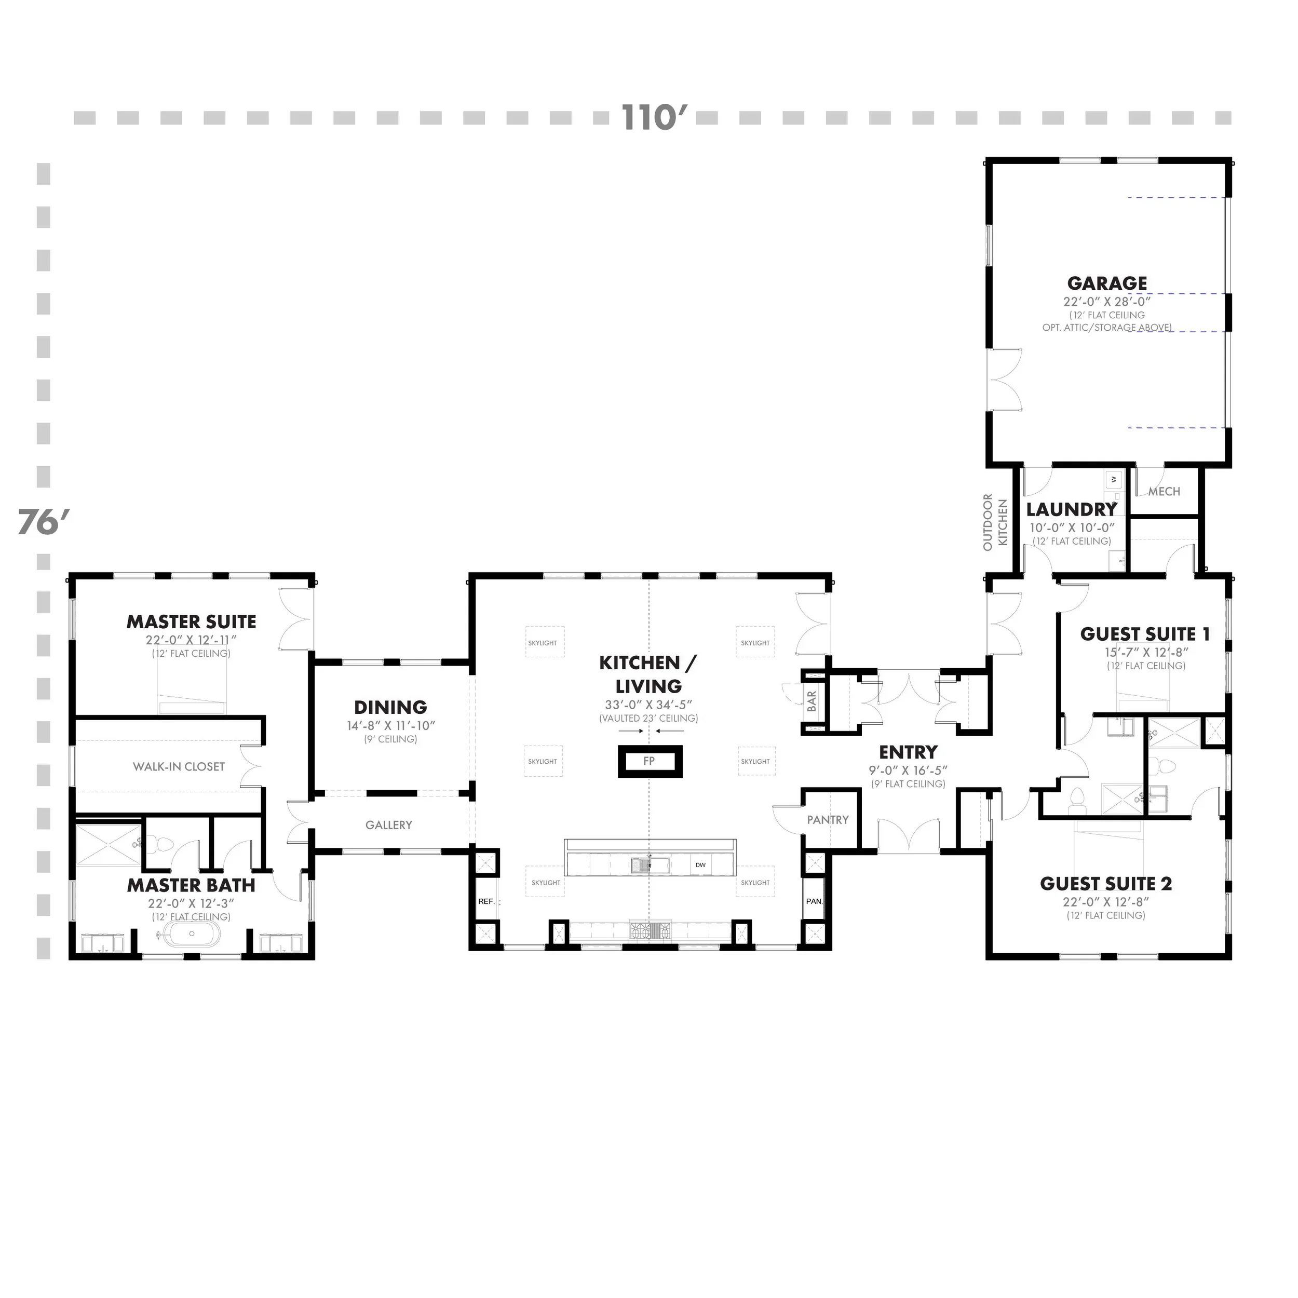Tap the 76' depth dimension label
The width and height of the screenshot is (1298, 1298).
(44, 522)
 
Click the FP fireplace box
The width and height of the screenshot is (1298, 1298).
(649, 761)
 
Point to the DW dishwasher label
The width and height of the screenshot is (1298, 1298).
(700, 864)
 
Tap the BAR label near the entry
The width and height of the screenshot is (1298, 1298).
(812, 701)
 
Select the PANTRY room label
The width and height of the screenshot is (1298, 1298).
(828, 820)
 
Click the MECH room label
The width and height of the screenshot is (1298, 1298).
(1164, 492)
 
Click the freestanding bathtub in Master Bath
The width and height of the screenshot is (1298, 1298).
(192, 934)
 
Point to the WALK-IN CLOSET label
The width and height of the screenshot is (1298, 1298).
(179, 766)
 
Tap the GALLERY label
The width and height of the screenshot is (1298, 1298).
(388, 825)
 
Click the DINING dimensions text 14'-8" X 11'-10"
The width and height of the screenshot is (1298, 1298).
(391, 726)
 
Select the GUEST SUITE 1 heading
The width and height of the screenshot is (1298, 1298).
(1145, 634)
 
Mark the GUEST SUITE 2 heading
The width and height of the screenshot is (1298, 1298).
(1106, 884)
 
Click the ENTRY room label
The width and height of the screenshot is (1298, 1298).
(908, 752)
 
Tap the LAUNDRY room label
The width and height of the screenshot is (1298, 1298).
(1071, 510)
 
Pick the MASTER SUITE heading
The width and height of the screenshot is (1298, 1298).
(192, 622)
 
